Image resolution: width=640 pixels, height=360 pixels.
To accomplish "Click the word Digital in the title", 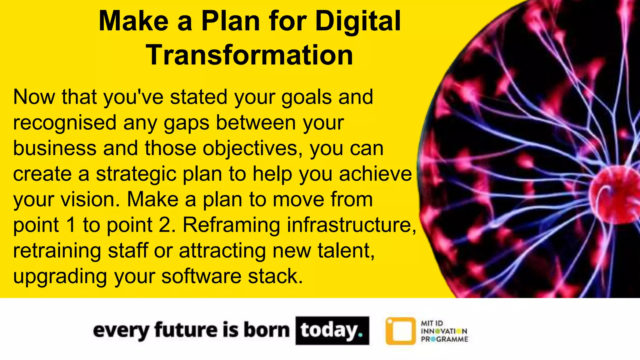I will (x=358, y=21).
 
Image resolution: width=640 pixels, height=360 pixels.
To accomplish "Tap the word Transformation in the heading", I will (x=250, y=55).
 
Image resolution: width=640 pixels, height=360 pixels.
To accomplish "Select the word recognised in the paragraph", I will (x=65, y=123).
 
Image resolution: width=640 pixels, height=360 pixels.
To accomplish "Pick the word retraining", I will (x=57, y=251).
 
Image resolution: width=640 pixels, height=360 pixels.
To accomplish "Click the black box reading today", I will (x=332, y=331).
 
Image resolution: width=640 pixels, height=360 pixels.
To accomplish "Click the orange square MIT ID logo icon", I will (x=400, y=331).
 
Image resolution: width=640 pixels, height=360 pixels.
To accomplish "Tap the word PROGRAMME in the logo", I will (x=444, y=339).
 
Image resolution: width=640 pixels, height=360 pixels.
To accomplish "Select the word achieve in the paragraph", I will (x=375, y=174).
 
